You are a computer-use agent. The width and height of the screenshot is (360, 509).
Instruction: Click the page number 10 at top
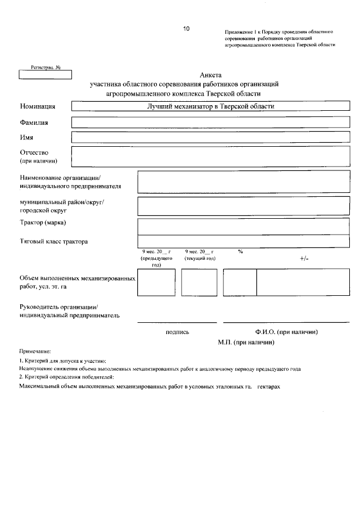click(x=186, y=28)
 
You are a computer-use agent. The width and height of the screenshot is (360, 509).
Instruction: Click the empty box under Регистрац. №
click(x=42, y=74)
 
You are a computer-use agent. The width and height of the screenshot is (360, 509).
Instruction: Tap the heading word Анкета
click(x=211, y=75)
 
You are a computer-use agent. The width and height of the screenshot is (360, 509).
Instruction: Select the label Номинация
click(x=37, y=106)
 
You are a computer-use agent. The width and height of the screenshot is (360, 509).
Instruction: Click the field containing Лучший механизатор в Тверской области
click(x=208, y=106)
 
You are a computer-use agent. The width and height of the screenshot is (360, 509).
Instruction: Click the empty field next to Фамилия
click(x=208, y=121)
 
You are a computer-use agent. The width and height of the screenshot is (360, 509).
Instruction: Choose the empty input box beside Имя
click(x=208, y=137)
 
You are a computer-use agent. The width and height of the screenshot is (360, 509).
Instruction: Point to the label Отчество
click(x=34, y=152)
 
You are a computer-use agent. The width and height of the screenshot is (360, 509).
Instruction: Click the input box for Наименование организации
click(x=240, y=182)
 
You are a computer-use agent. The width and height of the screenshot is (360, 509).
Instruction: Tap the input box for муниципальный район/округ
click(x=240, y=206)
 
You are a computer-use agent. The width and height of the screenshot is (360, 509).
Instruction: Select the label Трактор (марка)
click(x=43, y=223)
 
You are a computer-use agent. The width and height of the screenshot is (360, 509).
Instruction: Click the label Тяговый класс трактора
click(x=53, y=241)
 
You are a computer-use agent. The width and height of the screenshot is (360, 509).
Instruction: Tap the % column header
click(x=240, y=251)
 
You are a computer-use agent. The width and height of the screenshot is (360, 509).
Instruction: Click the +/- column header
click(x=304, y=258)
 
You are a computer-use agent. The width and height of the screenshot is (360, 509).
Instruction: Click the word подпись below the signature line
click(x=178, y=332)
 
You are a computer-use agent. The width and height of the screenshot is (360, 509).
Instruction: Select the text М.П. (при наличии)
click(x=246, y=342)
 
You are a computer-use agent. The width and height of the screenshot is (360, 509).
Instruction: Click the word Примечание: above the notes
click(x=35, y=351)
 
